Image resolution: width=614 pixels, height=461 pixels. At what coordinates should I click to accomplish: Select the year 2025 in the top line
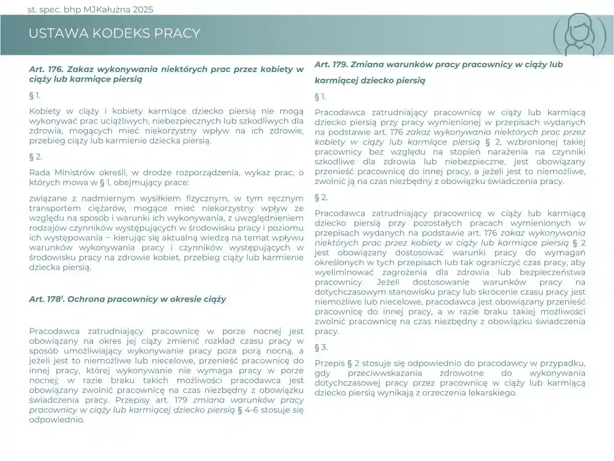[141, 10]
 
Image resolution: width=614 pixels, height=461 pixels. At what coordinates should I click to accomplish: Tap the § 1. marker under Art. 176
[35, 95]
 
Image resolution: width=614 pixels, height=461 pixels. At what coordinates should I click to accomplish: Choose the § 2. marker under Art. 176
[35, 157]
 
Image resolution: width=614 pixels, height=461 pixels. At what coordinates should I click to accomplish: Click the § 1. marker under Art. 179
[320, 97]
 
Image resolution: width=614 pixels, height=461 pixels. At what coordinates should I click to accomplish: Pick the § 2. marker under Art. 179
[321, 197]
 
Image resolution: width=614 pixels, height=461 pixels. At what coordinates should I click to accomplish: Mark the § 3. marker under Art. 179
[321, 347]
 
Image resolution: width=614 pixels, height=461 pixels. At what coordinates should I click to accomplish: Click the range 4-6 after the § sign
[256, 410]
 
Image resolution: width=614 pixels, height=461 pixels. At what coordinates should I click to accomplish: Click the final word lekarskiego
[493, 393]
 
